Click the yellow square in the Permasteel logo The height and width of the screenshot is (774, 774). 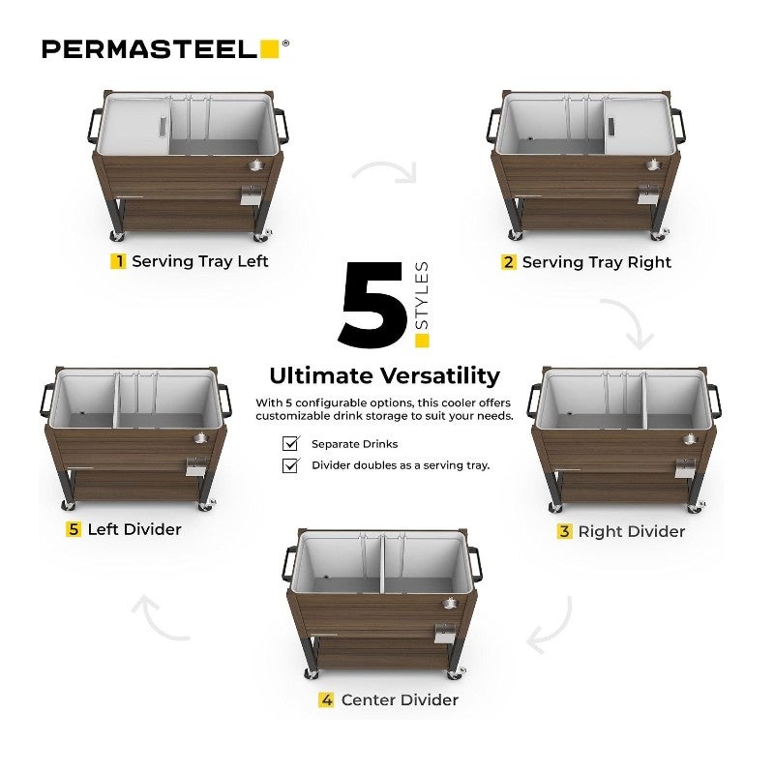tap(270, 49)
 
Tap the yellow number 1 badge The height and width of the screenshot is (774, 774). tap(118, 260)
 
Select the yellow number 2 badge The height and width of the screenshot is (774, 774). tap(509, 261)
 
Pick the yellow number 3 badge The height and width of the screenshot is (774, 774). tap(564, 531)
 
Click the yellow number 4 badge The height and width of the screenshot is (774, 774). tap(326, 700)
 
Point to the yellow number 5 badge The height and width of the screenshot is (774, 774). tap(74, 529)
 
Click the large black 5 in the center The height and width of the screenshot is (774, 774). tap(373, 305)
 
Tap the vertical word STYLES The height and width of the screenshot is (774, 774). tap(422, 295)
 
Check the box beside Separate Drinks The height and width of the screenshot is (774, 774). tap(290, 443)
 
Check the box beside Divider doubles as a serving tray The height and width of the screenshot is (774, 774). tap(290, 465)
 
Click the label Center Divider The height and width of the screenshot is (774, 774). tap(400, 700)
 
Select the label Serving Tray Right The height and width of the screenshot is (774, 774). tap(597, 262)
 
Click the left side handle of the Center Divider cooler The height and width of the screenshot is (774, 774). tap(287, 563)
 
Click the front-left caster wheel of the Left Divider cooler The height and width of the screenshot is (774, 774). tap(68, 505)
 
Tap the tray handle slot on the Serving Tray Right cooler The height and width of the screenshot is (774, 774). tap(611, 126)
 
